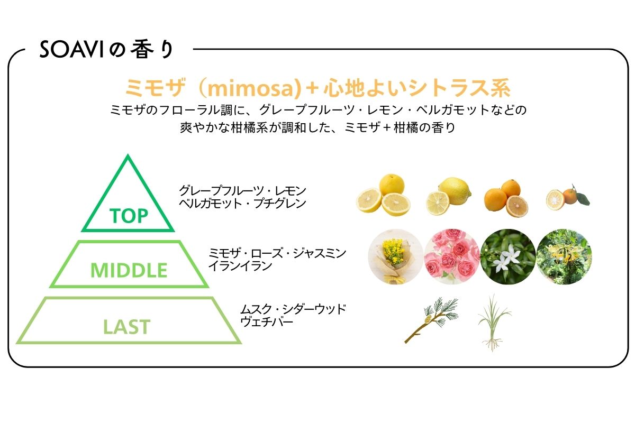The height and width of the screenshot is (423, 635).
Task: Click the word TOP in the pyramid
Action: click(129, 216)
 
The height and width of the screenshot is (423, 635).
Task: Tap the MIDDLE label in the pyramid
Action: click(129, 270)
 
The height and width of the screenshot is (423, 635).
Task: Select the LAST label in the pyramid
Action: click(126, 327)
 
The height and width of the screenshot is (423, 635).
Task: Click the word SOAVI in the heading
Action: click(71, 50)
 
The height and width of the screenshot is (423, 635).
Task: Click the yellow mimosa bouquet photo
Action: click(396, 256)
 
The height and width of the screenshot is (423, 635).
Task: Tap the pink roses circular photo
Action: click(452, 256)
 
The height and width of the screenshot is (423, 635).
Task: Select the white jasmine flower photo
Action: click(508, 256)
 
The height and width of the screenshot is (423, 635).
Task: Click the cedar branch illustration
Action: click(431, 319)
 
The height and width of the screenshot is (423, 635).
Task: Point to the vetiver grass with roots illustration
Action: click(494, 323)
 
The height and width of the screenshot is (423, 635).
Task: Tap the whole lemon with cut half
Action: click(449, 196)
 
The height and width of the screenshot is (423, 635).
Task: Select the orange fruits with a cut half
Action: click(506, 199)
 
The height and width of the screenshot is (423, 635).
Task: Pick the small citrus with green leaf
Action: click(567, 197)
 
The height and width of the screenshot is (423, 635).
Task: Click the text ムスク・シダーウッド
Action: click(293, 309)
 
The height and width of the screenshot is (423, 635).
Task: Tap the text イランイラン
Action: click(240, 266)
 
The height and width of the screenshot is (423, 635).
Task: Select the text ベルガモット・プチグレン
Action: click(242, 204)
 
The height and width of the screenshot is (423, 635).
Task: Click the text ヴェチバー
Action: click(267, 322)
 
